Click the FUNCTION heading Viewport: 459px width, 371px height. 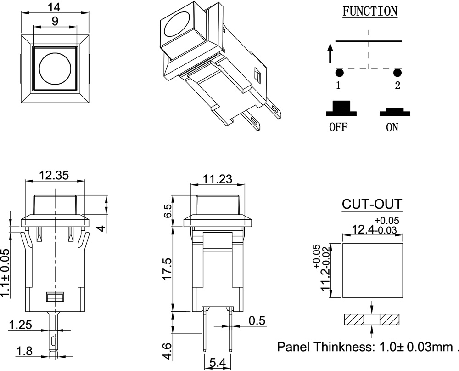click(370, 11)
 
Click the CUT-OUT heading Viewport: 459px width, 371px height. click(372, 204)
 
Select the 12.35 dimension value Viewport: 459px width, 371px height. click(54, 175)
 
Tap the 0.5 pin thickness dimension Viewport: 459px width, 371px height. click(257, 320)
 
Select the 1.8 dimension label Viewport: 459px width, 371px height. click(24, 352)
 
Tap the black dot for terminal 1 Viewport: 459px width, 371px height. click(339, 73)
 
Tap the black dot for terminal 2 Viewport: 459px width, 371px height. click(397, 73)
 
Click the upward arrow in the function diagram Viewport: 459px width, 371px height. click(330, 52)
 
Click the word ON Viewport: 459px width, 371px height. click(392, 127)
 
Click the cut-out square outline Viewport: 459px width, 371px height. click(372, 270)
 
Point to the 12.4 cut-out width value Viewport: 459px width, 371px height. click(363, 229)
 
